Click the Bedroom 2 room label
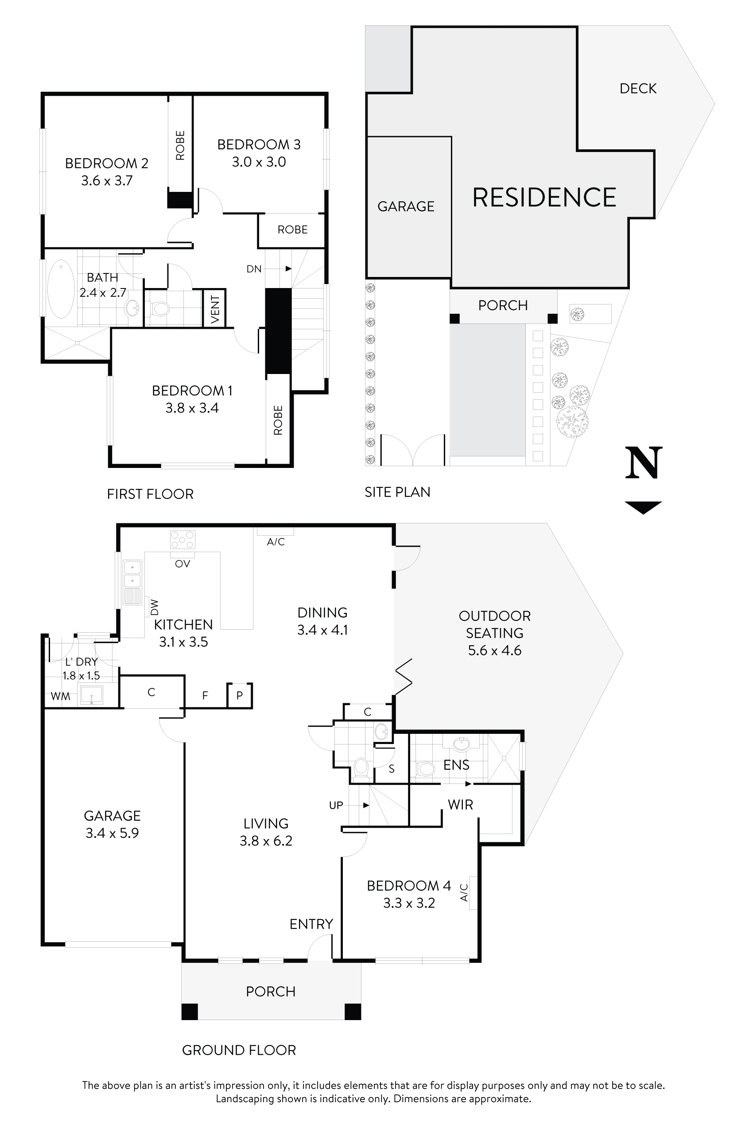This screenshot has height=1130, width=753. (107, 164)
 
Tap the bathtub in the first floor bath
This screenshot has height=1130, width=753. (61, 289)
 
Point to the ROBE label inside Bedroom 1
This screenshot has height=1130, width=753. (278, 421)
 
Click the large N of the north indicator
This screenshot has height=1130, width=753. (644, 463)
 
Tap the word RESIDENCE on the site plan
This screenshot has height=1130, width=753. (544, 198)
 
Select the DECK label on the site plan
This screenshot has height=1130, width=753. (638, 88)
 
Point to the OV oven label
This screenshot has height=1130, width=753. (182, 564)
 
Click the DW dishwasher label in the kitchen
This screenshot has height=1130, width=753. (155, 607)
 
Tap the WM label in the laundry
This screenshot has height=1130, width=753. (61, 696)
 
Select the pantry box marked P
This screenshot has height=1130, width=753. (240, 695)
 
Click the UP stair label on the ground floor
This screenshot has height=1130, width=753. (336, 805)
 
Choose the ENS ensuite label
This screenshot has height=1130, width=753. (456, 765)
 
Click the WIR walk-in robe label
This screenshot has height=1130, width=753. (460, 805)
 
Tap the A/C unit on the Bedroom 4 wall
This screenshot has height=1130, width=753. (473, 892)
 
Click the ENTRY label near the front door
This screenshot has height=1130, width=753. (311, 924)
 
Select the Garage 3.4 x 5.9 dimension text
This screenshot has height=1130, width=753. (112, 833)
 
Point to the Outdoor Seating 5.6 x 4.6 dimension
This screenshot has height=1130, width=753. (495, 651)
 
